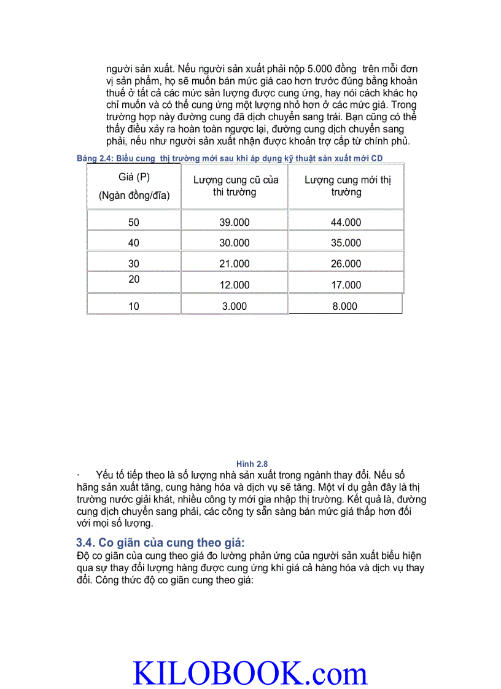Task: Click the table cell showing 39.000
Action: click(235, 223)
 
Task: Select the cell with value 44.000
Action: click(346, 223)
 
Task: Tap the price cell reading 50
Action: click(134, 223)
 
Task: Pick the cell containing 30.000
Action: click(235, 243)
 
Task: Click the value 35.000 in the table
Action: click(346, 243)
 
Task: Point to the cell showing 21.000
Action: click(235, 264)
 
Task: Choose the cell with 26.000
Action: click(346, 264)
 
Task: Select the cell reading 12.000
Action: click(235, 285)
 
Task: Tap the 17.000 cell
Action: click(346, 285)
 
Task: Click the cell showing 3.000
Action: click(235, 306)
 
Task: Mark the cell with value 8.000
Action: click(345, 306)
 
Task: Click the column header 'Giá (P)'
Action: click(134, 177)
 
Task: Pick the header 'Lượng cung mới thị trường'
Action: click(347, 186)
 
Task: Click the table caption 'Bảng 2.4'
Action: click(93, 158)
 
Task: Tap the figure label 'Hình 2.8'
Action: click(252, 464)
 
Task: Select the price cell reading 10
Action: click(134, 306)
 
